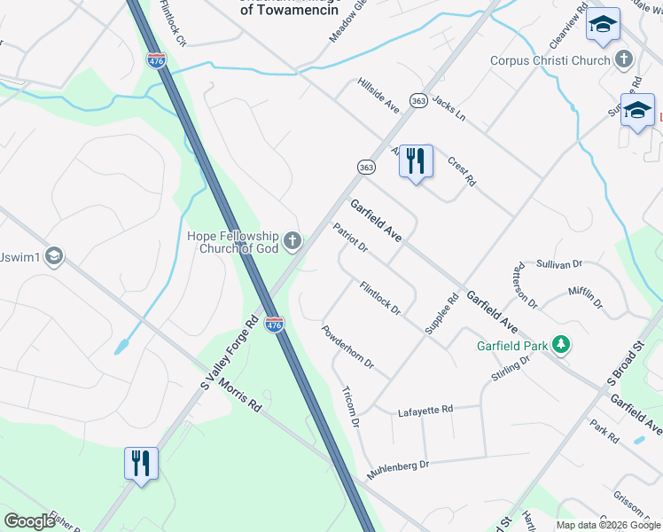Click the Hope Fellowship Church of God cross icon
292,240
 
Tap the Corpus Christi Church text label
550,61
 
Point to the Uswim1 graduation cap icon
54,257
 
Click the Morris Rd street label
242,395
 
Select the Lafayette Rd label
425,410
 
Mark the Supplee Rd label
441,314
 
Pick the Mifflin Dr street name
585,296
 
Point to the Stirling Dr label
510,368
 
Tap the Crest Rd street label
462,171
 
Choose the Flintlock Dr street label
380,298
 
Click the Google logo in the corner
29,521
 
